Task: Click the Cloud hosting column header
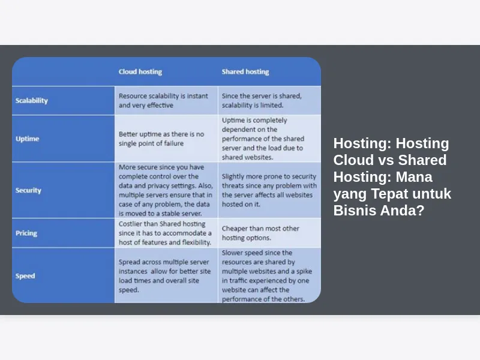pyautogui.click(x=140, y=71)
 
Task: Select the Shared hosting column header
pyautogui.click(x=245, y=71)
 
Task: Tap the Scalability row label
pyautogui.click(x=32, y=100)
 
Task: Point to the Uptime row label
pyautogui.click(x=27, y=139)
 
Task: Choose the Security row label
pyautogui.click(x=28, y=190)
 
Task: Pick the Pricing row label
pyautogui.click(x=26, y=233)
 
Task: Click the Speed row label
pyautogui.click(x=25, y=276)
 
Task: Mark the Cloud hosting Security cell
pyautogui.click(x=166, y=190)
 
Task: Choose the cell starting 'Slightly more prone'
pyautogui.click(x=269, y=190)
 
